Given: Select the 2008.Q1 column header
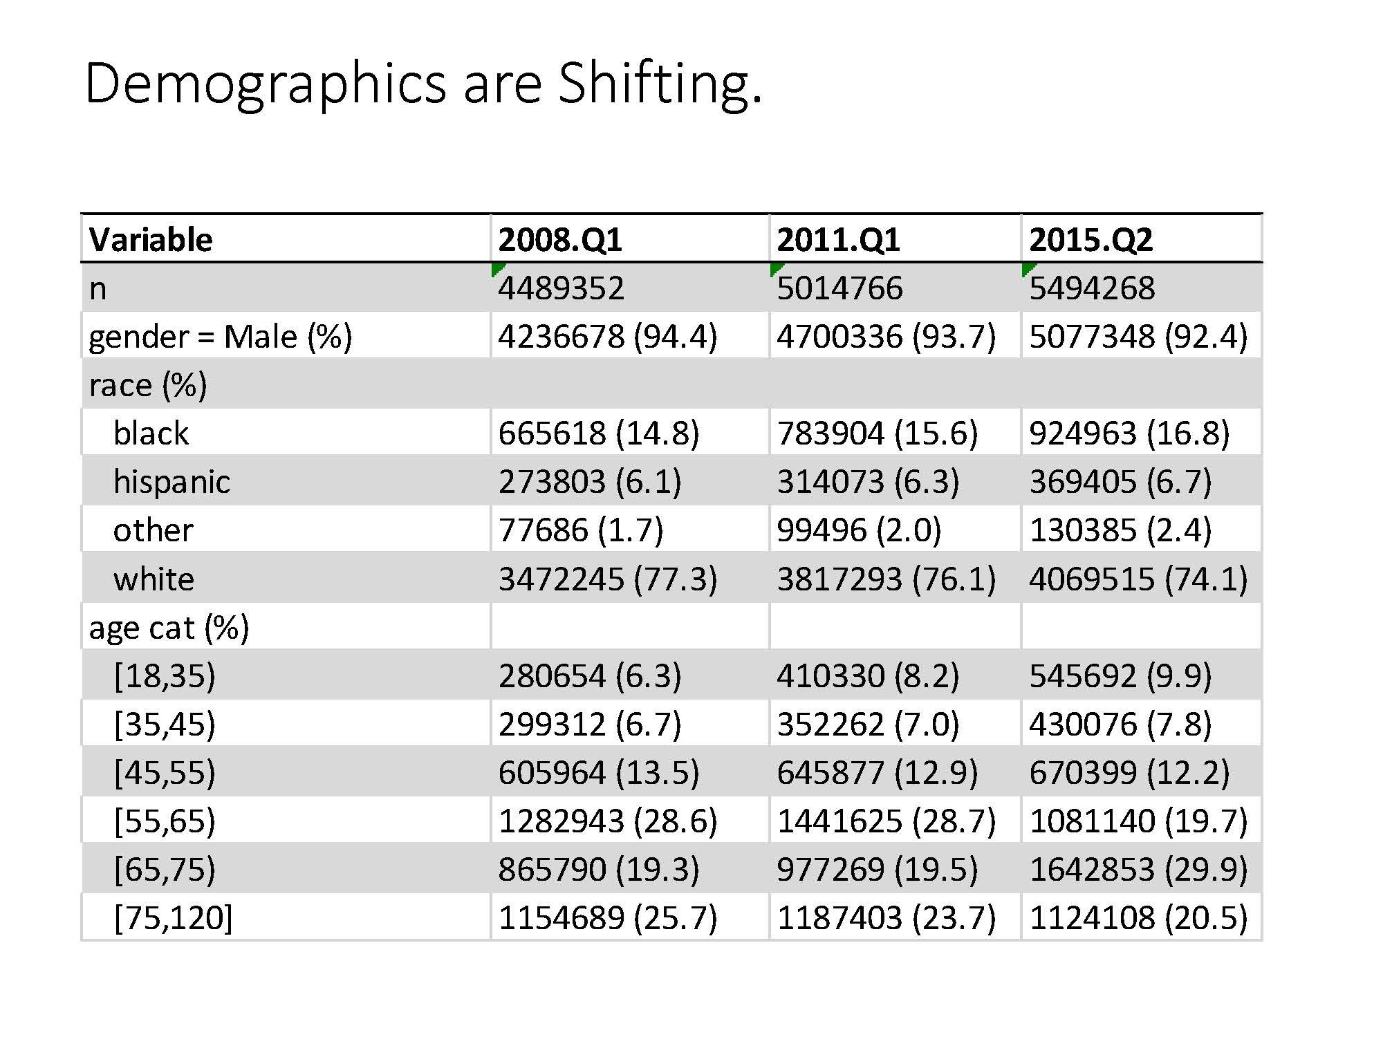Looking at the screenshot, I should (x=560, y=240).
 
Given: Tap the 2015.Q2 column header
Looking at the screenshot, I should (x=1090, y=240).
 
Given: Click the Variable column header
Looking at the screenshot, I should (x=151, y=240).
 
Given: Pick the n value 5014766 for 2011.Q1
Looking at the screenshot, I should (x=839, y=288).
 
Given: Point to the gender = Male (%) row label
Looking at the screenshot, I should (x=221, y=337).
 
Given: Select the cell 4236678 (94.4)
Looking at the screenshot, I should (x=607, y=337).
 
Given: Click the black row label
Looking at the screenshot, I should (x=151, y=433).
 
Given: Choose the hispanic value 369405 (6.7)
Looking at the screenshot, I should (x=1120, y=482).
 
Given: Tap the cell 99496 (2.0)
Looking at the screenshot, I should (x=858, y=530).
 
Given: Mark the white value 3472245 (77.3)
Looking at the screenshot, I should (x=607, y=579).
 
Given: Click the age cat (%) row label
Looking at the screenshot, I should (x=169, y=628).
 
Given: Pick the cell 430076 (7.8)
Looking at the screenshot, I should (x=1120, y=725).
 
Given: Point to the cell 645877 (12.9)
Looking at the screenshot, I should (x=877, y=773).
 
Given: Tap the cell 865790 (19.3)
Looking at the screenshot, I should (x=598, y=870).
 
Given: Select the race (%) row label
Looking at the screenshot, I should (x=148, y=385).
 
